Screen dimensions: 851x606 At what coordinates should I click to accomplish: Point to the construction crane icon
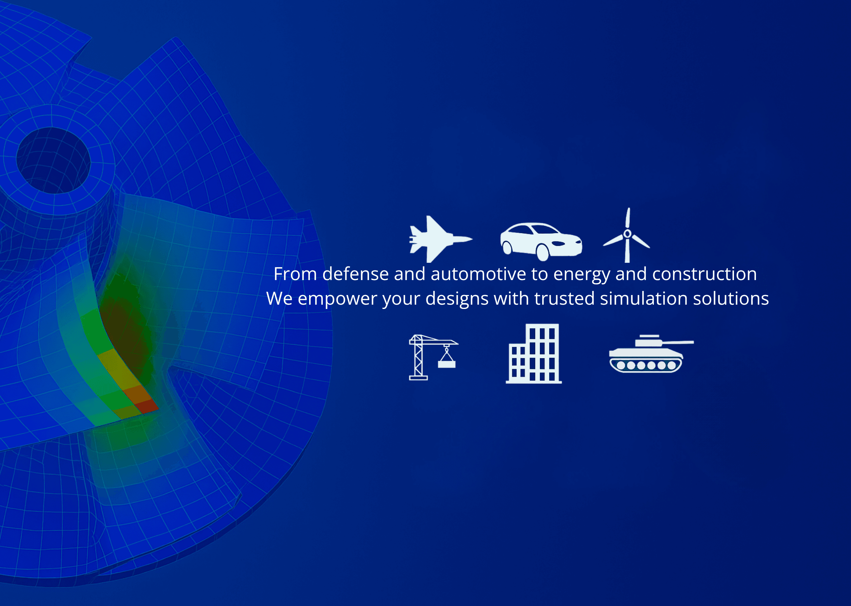(433, 357)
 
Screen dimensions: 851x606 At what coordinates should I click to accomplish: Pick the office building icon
(534, 353)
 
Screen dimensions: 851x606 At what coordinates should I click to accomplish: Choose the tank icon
(651, 354)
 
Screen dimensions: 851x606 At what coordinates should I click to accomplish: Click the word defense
(356, 274)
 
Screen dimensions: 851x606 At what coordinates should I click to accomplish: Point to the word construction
(705, 274)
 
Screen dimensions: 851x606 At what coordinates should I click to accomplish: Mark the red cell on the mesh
(146, 406)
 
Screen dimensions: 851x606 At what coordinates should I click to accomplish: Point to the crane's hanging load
(447, 364)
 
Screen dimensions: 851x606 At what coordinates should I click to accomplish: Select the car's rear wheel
(507, 248)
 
